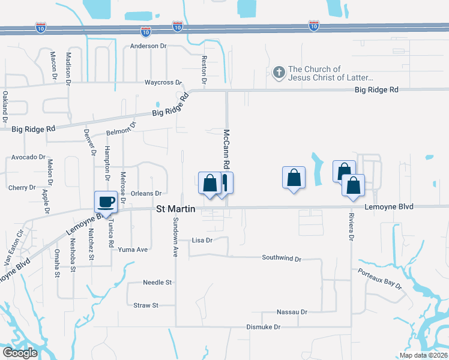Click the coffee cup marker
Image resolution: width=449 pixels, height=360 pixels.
pyautogui.click(x=107, y=202)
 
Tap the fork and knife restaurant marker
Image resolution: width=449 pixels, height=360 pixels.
pyautogui.click(x=223, y=182)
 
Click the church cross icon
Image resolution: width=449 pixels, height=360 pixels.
pyautogui.click(x=279, y=73)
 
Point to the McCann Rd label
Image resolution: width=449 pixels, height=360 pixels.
pyautogui.click(x=227, y=149)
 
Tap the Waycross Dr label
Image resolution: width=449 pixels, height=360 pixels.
pyautogui.click(x=163, y=82)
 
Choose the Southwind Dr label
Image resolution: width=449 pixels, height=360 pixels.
pyautogui.click(x=281, y=258)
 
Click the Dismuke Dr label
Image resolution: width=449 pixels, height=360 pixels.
pyautogui.click(x=264, y=327)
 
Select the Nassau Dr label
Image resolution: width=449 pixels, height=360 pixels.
pyautogui.click(x=292, y=312)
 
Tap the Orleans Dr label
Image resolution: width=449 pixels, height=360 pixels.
pyautogui.click(x=146, y=193)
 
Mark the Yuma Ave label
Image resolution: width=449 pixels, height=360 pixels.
pyautogui.click(x=133, y=250)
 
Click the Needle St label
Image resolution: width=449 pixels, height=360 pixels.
pyautogui.click(x=157, y=282)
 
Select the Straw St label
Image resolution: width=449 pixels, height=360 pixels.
pyautogui.click(x=146, y=305)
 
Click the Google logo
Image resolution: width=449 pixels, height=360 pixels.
pyautogui.click(x=19, y=353)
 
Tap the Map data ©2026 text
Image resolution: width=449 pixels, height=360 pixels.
pyautogui.click(x=423, y=355)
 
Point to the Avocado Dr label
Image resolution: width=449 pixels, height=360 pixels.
pyautogui.click(x=28, y=157)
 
